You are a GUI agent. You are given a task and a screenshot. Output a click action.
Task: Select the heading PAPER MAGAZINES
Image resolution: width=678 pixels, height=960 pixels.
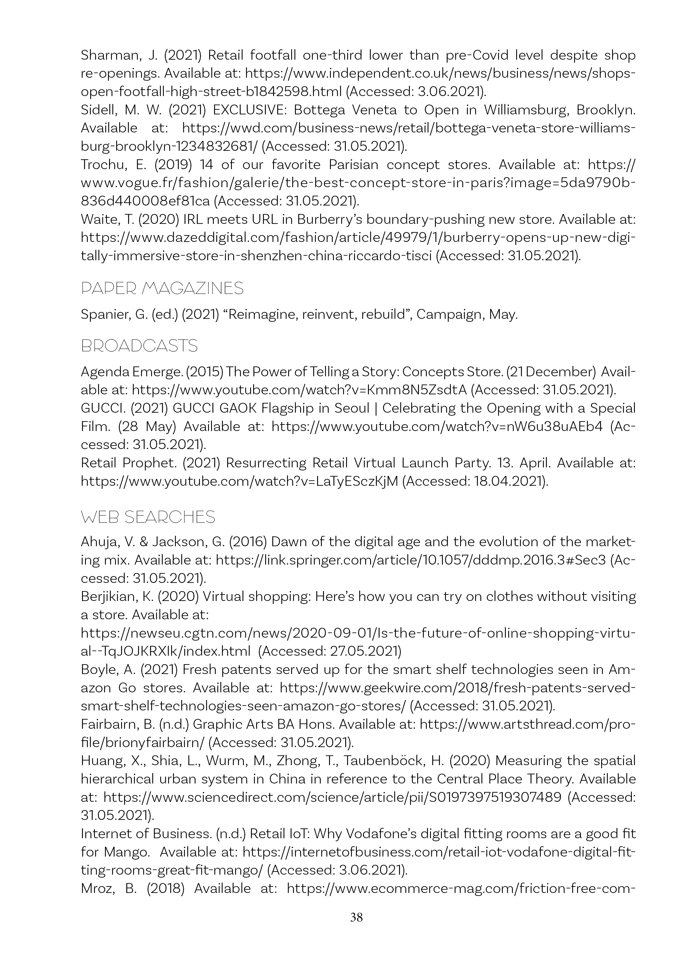(162, 288)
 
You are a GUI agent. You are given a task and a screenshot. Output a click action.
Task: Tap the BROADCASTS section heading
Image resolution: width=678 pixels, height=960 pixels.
(139, 346)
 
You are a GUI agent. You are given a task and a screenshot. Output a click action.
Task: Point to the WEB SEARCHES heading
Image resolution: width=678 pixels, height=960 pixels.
(148, 517)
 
